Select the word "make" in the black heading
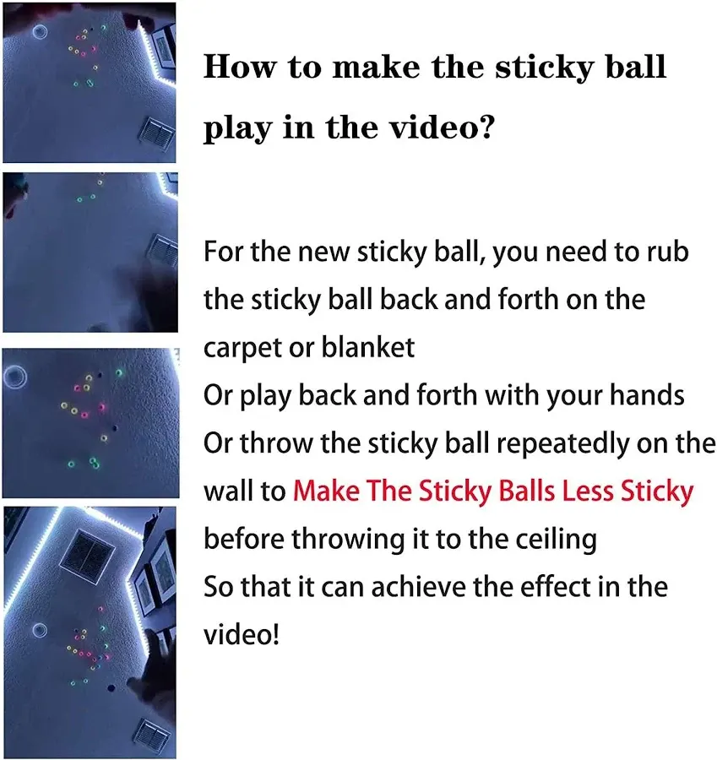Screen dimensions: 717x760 pos(376,67)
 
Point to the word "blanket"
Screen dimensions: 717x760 pos(368,347)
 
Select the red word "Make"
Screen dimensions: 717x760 pos(326,491)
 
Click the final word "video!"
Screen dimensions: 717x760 pos(242,634)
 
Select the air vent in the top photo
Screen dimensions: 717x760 pos(158,133)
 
